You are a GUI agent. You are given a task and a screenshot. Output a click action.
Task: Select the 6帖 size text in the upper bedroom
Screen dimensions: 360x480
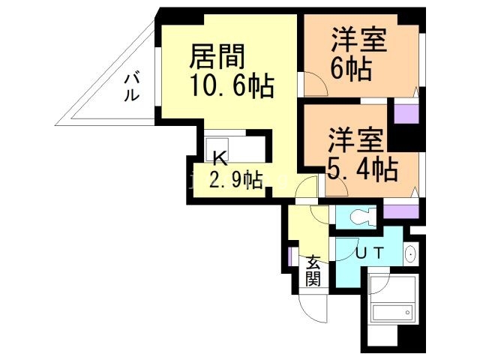[350, 70]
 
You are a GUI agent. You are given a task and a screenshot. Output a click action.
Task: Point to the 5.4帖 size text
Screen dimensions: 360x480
[361, 169]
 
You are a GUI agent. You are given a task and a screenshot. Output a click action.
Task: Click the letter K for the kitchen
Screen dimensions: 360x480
[220, 158]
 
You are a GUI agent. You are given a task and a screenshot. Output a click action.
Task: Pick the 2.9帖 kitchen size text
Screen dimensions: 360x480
[235, 180]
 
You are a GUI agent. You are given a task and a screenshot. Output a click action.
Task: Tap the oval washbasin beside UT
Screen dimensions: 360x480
[409, 255]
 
